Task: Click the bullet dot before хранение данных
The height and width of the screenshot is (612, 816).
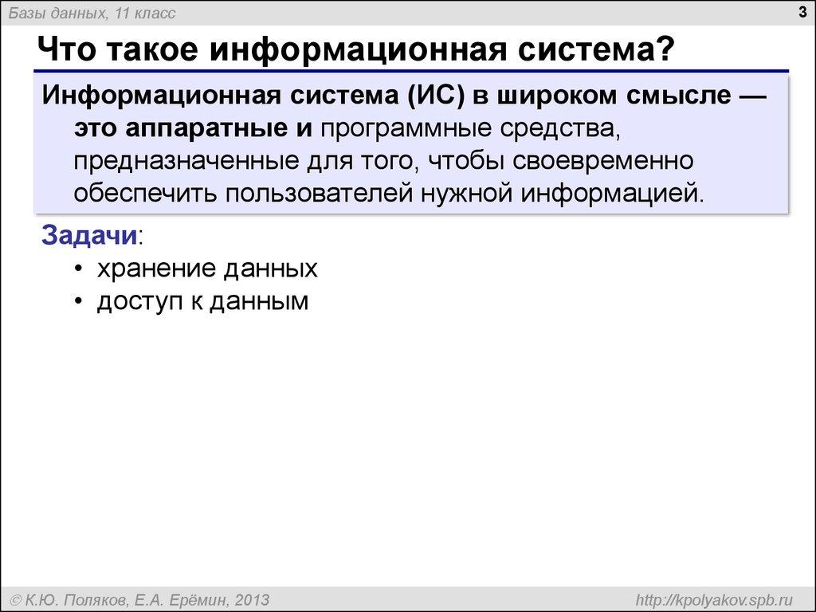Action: (x=78, y=269)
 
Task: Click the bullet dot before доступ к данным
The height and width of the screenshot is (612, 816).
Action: (x=78, y=302)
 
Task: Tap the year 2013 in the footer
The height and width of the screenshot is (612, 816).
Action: (x=250, y=598)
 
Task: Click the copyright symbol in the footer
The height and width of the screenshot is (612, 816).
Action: (x=14, y=598)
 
